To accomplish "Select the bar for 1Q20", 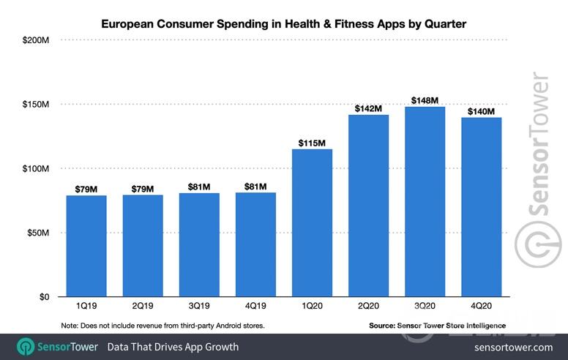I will point(312,223).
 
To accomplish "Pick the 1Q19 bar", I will point(86,246).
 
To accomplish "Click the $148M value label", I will point(425,100).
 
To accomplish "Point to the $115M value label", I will point(312,143).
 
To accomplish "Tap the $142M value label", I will point(368,108).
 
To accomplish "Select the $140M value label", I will point(481,111).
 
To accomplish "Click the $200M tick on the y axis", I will point(36,40).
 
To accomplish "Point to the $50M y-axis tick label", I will point(38,233).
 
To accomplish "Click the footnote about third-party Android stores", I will point(162,326).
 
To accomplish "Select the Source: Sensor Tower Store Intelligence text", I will point(437,326).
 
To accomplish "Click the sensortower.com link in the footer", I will point(514,347).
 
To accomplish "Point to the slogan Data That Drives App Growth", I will point(173,347).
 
